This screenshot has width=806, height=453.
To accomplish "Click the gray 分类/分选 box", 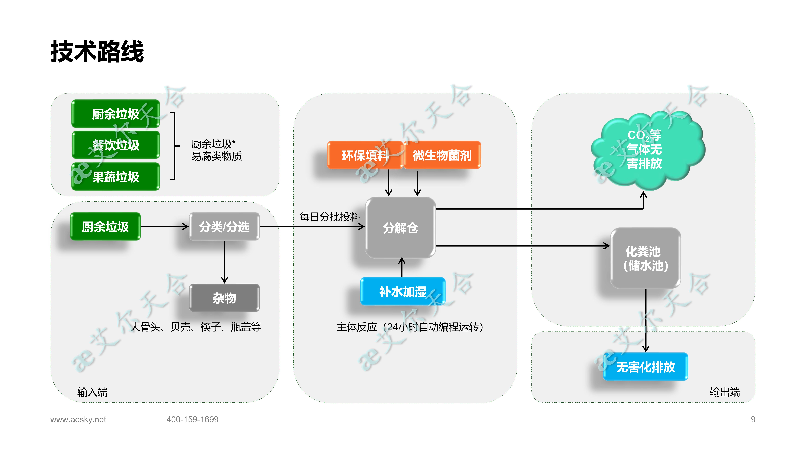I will tap(224, 227).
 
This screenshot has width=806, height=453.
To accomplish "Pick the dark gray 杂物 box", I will tap(224, 298).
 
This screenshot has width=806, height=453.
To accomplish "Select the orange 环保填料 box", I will tap(365, 155).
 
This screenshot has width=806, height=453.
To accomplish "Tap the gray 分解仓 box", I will tap(400, 228).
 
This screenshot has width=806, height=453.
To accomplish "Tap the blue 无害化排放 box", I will tap(646, 367).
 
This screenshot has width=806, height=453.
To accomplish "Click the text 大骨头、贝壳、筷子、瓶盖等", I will tap(196, 327).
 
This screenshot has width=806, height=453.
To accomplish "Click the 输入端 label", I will tap(92, 392).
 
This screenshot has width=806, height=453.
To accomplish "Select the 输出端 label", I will tap(725, 392).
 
